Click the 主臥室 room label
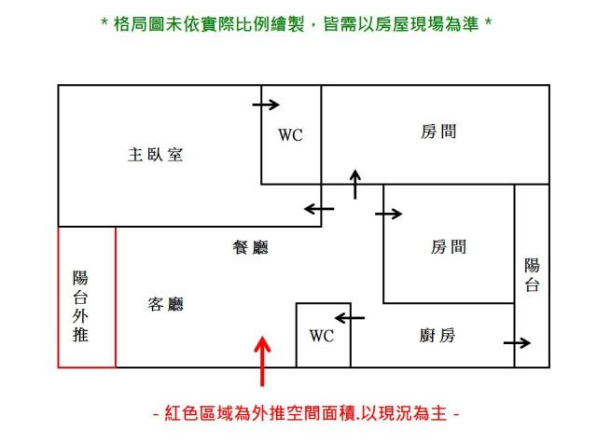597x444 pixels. (x=155, y=155)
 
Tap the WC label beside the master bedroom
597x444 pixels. (x=290, y=135)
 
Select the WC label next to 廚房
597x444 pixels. (x=321, y=336)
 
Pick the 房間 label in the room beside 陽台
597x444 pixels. (x=449, y=247)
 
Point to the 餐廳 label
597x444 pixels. (x=250, y=247)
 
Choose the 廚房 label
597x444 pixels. (x=437, y=336)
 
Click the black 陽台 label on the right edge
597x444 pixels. (x=532, y=276)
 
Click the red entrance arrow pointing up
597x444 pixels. (x=263, y=362)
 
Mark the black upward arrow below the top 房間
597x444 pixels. (x=354, y=185)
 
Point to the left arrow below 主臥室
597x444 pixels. (x=319, y=209)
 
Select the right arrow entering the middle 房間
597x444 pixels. (x=389, y=214)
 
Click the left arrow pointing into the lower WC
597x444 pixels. (x=350, y=318)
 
